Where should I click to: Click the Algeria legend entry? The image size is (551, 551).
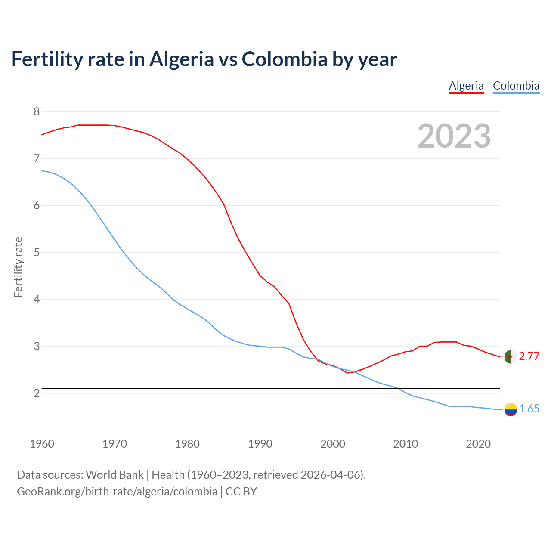coord(466,86)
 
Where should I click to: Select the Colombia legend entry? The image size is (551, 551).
coord(516,86)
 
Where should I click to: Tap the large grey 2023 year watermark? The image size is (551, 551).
coord(454,136)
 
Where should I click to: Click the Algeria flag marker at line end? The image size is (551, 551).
coord(510,357)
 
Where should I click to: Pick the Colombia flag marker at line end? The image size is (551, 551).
coord(510,409)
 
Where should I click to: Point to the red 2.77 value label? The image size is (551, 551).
coord(529,356)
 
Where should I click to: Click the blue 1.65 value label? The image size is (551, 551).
coord(529,409)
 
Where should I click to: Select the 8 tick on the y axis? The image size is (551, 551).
coord(37,112)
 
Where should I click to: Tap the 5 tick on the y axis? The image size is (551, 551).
coord(37,252)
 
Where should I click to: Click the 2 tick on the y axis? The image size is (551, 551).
coord(37,393)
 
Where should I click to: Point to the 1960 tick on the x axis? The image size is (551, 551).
coord(42,444)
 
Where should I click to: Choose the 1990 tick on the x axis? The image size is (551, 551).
coord(260,444)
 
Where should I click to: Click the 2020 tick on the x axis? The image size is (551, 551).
coord(478,444)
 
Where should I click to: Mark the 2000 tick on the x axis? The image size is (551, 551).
coord(333,444)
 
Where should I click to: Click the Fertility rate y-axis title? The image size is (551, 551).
coord(18,267)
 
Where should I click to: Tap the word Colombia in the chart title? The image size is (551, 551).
coord(285,59)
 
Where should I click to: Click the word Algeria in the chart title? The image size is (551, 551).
coord(181,59)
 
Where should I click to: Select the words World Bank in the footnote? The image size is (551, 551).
coord(115,475)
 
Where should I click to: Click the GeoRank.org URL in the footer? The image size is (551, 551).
coord(117,492)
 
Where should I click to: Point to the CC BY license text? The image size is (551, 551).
coord(241,492)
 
